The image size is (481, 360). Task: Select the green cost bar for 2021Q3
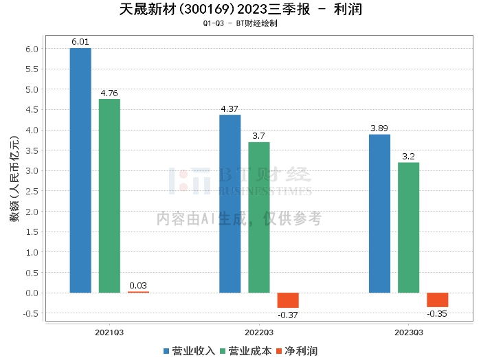click(109, 196)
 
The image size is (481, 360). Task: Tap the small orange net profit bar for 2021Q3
click(138, 292)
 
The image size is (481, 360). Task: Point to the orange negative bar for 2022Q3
click(288, 300)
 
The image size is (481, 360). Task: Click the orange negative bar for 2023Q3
click(437, 300)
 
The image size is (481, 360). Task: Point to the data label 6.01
click(80, 43)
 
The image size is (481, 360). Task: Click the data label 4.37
click(230, 109)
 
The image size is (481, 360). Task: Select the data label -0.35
click(437, 313)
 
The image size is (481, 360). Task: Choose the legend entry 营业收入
click(189, 351)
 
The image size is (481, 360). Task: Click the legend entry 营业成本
click(245, 351)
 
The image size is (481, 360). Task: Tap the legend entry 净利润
click(296, 351)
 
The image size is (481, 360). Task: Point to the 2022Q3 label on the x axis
click(259, 332)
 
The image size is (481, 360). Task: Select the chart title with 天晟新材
click(240, 10)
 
